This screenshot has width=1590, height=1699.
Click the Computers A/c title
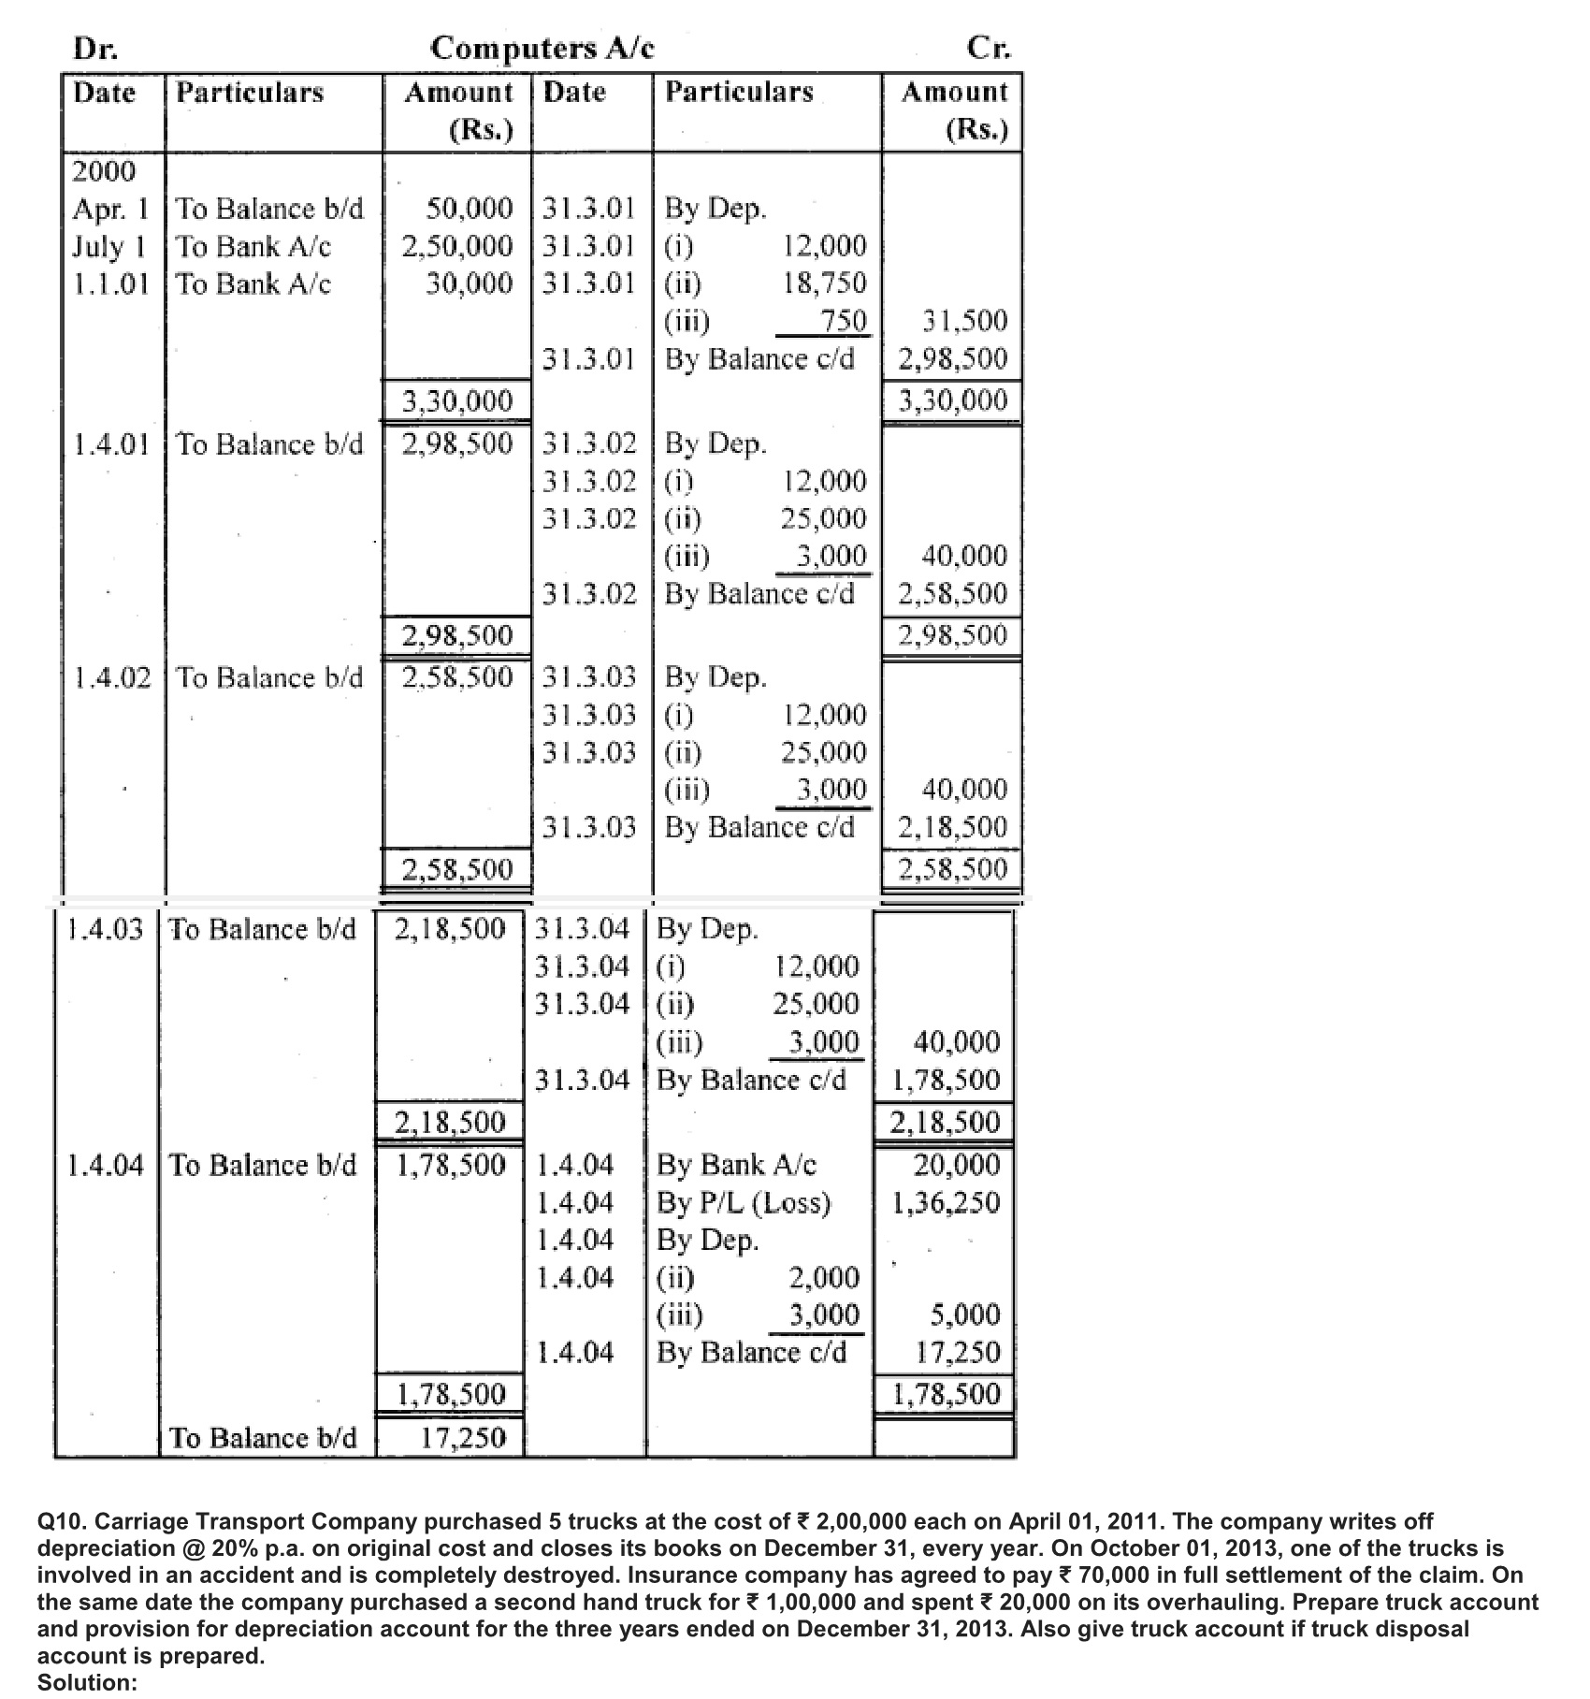[x=542, y=48]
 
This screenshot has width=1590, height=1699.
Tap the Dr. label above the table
[x=94, y=48]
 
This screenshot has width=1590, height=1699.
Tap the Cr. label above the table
[x=990, y=48]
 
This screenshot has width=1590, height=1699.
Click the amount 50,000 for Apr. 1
[x=469, y=208]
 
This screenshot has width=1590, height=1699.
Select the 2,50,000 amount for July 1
[x=457, y=246]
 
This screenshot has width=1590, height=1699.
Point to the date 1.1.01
[x=111, y=283]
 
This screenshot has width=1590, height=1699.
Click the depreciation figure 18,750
[x=824, y=283]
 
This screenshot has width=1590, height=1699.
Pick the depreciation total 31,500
[x=964, y=321]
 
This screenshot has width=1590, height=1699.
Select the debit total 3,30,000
[x=457, y=401]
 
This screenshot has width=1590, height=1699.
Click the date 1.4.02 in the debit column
[x=111, y=677]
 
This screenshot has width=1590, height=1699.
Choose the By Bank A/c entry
[x=736, y=1165]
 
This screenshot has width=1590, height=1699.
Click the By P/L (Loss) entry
[x=744, y=1202]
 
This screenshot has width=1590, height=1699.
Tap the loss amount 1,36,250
[x=946, y=1202]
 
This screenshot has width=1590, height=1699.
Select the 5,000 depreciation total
[x=964, y=1314]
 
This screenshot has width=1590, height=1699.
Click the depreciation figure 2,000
[x=824, y=1277]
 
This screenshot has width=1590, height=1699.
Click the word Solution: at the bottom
[x=87, y=1681]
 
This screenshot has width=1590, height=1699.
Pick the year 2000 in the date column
[x=104, y=171]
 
